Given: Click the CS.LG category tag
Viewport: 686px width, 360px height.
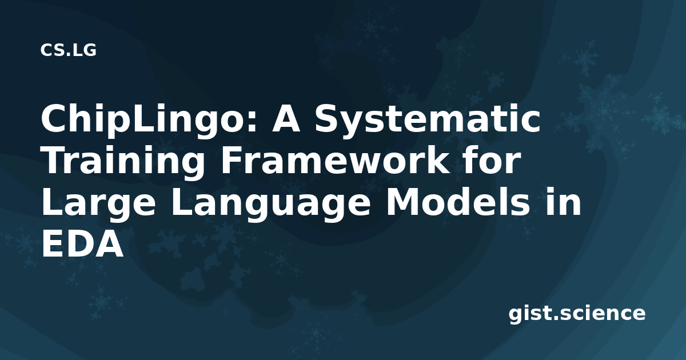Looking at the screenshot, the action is (x=68, y=50).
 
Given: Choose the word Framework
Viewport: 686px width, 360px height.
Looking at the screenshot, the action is (x=334, y=160).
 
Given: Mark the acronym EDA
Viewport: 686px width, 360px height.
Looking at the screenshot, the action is (x=83, y=245).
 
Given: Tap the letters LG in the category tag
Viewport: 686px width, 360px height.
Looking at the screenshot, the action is (x=85, y=50).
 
